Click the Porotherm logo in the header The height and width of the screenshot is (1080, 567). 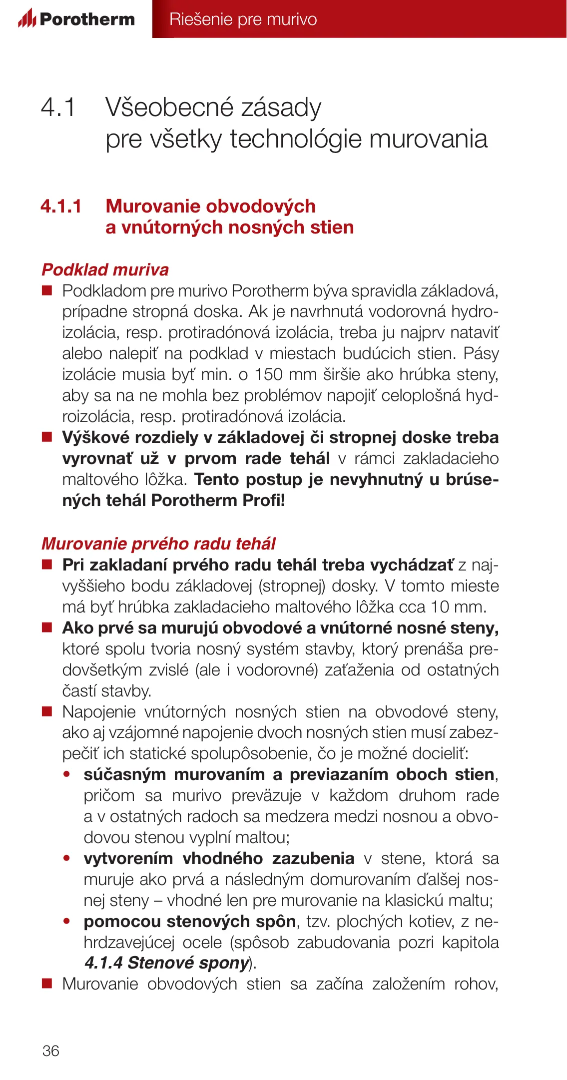(x=76, y=19)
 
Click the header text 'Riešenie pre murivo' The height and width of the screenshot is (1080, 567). (x=243, y=19)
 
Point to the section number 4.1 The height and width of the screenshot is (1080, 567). (x=58, y=107)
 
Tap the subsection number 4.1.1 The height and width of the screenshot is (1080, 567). (x=61, y=206)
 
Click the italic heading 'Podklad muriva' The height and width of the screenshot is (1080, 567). (x=105, y=269)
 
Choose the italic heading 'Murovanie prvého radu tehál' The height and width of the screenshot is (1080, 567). (x=158, y=543)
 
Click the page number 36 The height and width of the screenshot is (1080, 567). (x=51, y=1050)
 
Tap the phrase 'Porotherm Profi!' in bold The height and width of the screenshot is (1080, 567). (x=218, y=500)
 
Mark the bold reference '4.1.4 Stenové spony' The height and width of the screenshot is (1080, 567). (x=166, y=962)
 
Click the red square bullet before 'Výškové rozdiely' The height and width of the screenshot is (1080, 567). (x=47, y=437)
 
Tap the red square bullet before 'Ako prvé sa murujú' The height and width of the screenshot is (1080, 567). (x=47, y=627)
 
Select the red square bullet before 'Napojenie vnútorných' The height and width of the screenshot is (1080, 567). (x=47, y=711)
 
